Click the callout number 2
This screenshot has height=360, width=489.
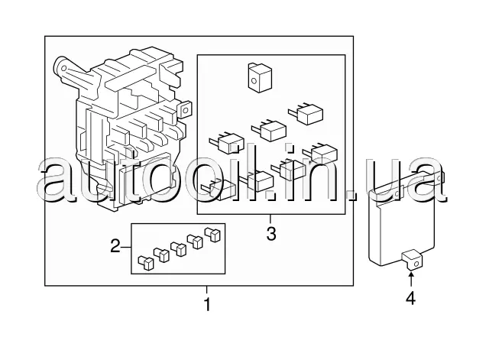click(115, 246)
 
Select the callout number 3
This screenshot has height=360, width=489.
click(270, 233)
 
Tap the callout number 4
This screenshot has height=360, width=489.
click(410, 298)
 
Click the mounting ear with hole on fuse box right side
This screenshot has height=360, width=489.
click(183, 109)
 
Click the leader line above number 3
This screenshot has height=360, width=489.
click(270, 220)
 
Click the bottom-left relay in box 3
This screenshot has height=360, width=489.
click(217, 185)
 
